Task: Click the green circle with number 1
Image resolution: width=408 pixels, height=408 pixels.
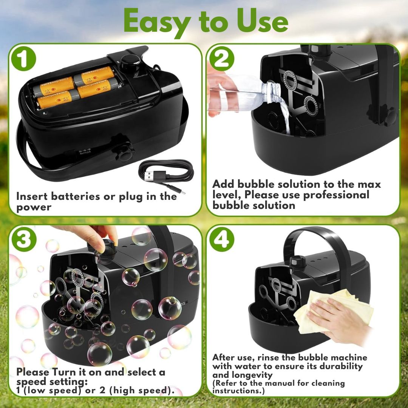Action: [x=23, y=59]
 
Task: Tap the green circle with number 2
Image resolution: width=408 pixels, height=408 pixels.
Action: [x=222, y=59]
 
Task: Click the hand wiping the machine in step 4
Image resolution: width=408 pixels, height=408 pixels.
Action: [x=338, y=320]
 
